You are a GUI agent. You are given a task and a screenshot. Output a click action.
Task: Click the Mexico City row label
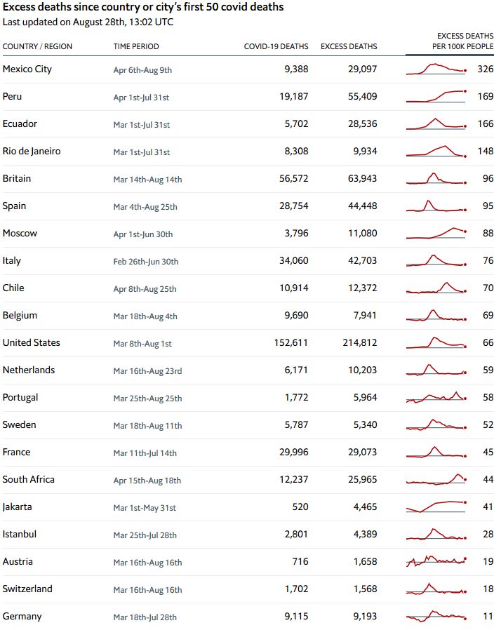pyautogui.click(x=27, y=69)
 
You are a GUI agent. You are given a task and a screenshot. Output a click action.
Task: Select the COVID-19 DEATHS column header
pyautogui.click(x=276, y=46)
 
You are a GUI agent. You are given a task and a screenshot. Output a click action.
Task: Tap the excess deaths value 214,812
pyautogui.click(x=358, y=343)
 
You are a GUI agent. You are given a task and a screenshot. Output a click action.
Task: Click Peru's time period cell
pyautogui.click(x=141, y=98)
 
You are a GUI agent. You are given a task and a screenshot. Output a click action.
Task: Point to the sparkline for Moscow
pyautogui.click(x=436, y=234)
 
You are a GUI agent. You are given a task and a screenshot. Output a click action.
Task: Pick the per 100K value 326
pyautogui.click(x=485, y=69)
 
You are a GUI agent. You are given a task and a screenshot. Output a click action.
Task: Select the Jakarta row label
pyautogui.click(x=18, y=507)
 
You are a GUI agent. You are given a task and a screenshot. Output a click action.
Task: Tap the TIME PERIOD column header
pyautogui.click(x=136, y=46)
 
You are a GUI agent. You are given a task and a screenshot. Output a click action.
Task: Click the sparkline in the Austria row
pyautogui.click(x=436, y=561)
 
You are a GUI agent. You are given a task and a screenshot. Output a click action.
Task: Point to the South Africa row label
pyautogui.click(x=29, y=479)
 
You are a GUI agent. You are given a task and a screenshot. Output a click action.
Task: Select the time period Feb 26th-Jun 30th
pyautogui.click(x=146, y=262)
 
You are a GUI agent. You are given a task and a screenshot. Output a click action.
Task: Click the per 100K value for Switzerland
pyautogui.click(x=488, y=589)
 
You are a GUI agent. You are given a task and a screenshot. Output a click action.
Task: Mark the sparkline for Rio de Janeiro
pyautogui.click(x=436, y=152)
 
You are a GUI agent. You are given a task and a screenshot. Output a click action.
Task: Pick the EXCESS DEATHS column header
pyautogui.click(x=349, y=46)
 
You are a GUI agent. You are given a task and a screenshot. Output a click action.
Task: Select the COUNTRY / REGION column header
pyautogui.click(x=37, y=46)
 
